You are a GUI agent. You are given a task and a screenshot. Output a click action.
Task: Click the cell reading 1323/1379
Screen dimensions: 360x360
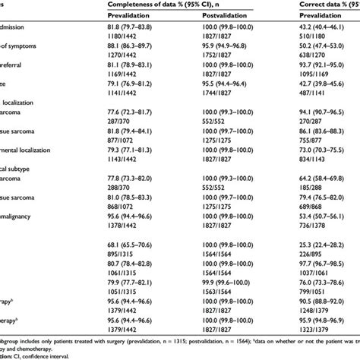coord(324,349)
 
